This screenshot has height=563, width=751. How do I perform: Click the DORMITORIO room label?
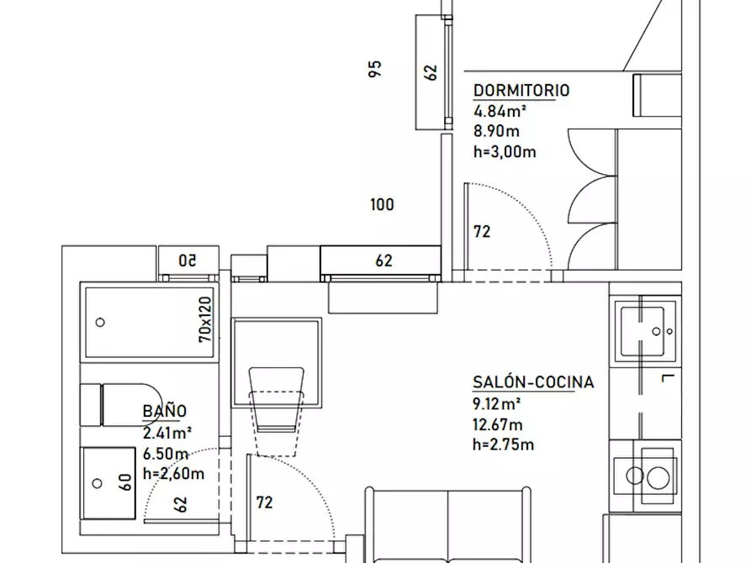(521, 91)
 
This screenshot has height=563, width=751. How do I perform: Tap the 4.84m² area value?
(500, 111)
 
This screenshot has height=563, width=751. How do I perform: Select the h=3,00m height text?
(505, 152)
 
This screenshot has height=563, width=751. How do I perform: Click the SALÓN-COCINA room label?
(533, 382)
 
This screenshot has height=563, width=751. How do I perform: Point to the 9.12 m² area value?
(496, 403)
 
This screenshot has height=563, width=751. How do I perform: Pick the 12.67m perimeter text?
(497, 424)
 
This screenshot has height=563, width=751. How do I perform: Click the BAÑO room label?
(164, 411)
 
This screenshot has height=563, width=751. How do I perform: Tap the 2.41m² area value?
(167, 433)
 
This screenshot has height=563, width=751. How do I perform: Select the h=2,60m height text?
(173, 473)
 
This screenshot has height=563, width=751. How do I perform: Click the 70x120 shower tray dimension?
(205, 319)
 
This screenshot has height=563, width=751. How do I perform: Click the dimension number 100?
(382, 204)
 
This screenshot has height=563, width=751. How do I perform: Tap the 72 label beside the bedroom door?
(482, 232)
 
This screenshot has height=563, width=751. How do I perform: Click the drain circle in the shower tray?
(100, 323)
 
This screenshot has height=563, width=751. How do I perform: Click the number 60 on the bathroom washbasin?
(124, 482)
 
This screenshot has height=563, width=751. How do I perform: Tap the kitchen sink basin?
(643, 331)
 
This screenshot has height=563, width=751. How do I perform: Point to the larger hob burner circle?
(658, 478)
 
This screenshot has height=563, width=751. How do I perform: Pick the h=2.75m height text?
(503, 445)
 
